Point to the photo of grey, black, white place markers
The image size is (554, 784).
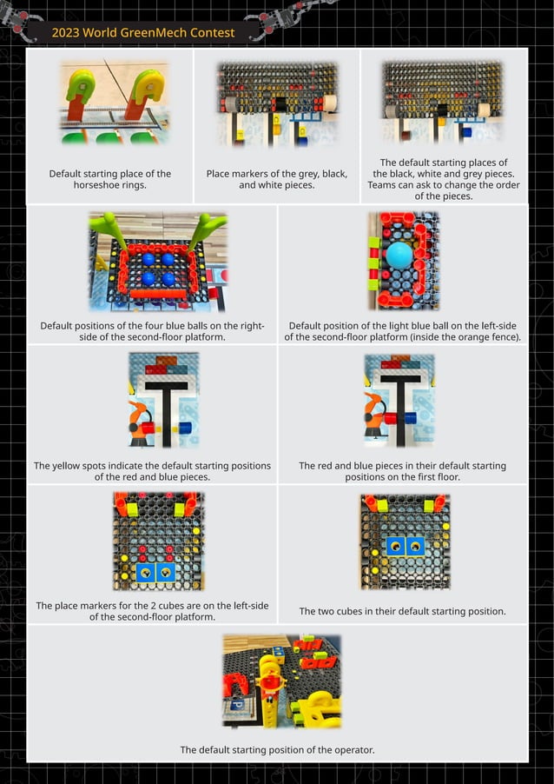point(277,103)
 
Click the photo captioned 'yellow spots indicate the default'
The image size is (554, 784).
point(162,399)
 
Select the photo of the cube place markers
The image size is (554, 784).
point(159,541)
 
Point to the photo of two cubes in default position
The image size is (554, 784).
point(404,541)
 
